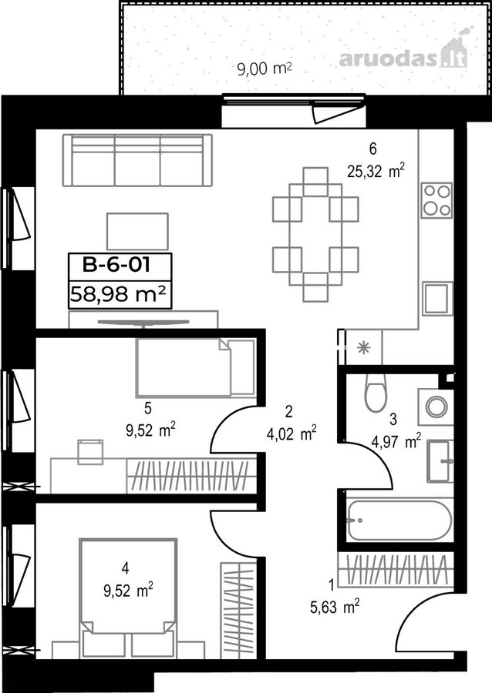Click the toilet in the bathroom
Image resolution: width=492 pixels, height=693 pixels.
tap(376, 393)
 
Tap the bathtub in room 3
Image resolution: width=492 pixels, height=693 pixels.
tap(399, 520)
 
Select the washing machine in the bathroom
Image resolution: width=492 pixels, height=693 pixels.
tap(436, 407)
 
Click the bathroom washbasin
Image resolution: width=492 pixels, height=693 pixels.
tap(440, 461)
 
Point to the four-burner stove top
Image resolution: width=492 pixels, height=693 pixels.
tap(436, 200)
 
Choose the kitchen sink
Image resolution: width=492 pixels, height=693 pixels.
tap(437, 298)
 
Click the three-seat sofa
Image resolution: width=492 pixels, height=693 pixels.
tap(137, 160)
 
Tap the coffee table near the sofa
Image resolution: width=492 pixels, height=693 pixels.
tap(137, 231)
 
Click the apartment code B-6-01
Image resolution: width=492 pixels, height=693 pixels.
tap(116, 265)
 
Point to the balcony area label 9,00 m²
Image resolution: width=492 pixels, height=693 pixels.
tap(265, 69)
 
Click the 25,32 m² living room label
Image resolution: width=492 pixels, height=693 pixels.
tap(376, 171)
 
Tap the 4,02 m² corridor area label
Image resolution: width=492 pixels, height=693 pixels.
tap(291, 434)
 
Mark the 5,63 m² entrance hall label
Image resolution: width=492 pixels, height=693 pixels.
tap(335, 608)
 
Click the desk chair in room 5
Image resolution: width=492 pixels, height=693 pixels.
tap(91, 452)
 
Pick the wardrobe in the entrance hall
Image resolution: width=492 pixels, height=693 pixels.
tap(396, 569)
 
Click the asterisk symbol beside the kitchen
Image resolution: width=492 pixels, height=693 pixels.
tap(364, 348)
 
